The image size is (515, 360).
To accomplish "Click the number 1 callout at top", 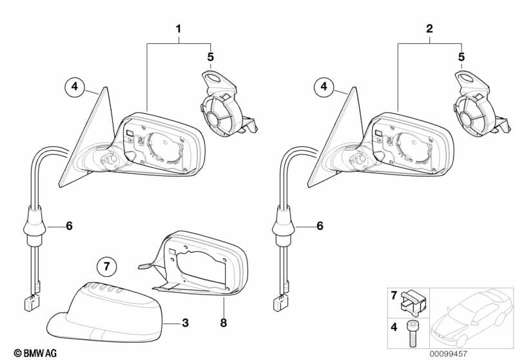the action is point(179,29).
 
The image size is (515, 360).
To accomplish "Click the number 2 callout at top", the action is point(429,29).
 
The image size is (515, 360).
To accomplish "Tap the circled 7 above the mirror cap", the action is point(107,266).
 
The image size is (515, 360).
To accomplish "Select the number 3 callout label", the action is point(185,323).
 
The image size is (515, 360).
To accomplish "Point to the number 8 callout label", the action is point(224,323).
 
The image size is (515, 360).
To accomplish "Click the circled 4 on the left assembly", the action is point(75,86).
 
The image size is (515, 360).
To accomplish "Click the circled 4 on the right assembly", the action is point(324,86).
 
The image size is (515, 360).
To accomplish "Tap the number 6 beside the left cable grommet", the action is point(69,226).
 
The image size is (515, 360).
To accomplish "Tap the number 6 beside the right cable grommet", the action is point(320,226).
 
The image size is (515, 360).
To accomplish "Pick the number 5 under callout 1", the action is point(210,57).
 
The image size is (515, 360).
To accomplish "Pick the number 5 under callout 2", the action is point(462,57).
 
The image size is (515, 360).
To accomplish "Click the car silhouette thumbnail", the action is point(472,317).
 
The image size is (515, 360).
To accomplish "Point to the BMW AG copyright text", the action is point(35,353).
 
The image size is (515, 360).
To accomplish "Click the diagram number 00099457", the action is point(449,354).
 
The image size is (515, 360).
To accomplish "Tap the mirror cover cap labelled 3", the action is point(105,313).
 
